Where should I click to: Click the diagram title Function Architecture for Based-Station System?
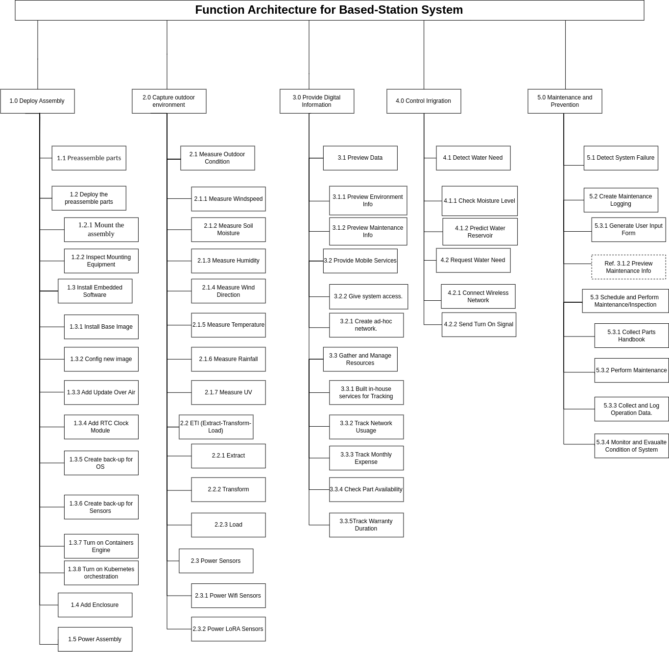[x=329, y=10]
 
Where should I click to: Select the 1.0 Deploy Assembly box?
[x=38, y=101]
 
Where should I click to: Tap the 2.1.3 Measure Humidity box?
[x=228, y=261]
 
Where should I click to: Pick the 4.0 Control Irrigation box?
[x=424, y=101]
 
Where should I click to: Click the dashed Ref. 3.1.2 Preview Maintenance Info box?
[x=628, y=266]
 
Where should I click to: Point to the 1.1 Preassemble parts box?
[x=89, y=158]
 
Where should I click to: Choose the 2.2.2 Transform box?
[x=228, y=489]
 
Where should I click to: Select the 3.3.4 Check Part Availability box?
[x=366, y=489]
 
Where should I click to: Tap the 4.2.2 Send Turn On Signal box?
[x=478, y=324]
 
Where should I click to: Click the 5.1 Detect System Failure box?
[x=621, y=158]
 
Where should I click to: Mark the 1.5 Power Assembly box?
[x=95, y=639]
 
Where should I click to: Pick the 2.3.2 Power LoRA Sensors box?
[x=228, y=628]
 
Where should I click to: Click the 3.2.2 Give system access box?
[x=368, y=296]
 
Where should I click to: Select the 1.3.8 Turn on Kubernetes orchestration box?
[x=101, y=573]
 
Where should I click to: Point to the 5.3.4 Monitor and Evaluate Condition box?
[x=631, y=445]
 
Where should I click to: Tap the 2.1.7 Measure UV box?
[x=228, y=392]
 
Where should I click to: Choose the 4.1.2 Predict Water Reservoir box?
[x=479, y=231]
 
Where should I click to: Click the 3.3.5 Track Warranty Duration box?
[x=366, y=525]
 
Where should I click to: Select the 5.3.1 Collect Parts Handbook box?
[x=631, y=335]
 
